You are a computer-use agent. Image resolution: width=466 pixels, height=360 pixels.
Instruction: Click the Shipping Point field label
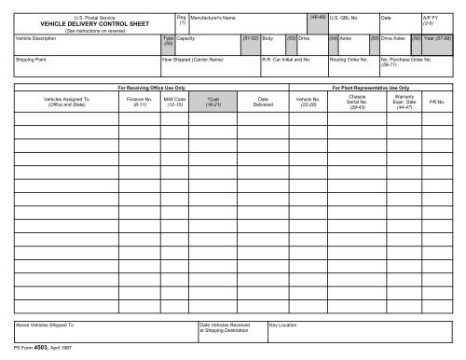(x=33, y=59)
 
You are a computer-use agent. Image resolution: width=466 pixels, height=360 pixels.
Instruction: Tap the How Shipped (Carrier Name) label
(x=193, y=59)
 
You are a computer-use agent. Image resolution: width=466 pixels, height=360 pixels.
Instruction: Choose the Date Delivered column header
(x=263, y=100)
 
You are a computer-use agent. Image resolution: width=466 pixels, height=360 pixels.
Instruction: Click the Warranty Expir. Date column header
(x=404, y=100)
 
